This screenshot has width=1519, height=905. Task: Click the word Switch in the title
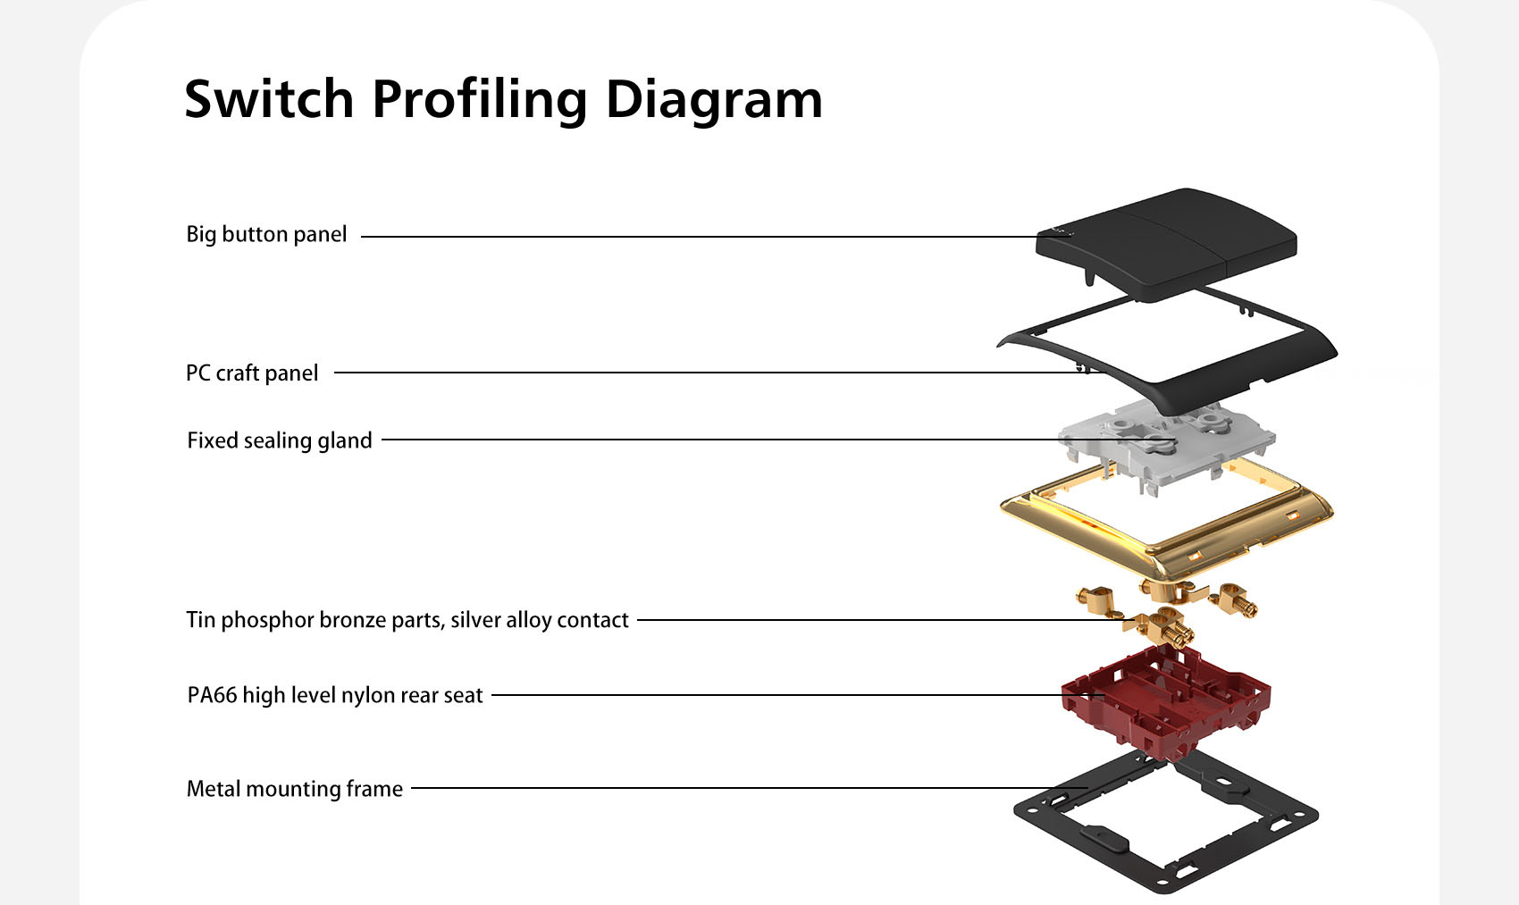tap(269, 99)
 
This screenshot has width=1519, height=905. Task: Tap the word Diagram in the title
tap(714, 101)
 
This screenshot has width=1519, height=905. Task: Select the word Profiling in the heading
tap(480, 101)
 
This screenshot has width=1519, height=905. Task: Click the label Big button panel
tap(266, 235)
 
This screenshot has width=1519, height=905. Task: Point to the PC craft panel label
tap(252, 373)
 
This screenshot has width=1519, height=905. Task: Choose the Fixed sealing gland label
tap(280, 440)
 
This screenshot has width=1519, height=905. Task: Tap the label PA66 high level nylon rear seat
tap(335, 696)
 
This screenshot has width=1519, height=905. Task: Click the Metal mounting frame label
tap(294, 789)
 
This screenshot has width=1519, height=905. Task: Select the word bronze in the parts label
tap(356, 620)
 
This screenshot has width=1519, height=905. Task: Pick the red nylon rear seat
tap(1165, 701)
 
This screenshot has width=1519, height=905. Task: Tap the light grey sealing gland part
tap(1166, 444)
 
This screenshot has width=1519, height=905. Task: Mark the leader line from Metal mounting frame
tap(750, 788)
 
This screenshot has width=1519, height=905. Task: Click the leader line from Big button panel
tap(716, 237)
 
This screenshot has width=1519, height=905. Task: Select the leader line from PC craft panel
tap(719, 373)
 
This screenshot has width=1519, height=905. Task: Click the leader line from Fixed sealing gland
tap(778, 440)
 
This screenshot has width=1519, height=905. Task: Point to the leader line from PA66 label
tap(798, 695)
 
